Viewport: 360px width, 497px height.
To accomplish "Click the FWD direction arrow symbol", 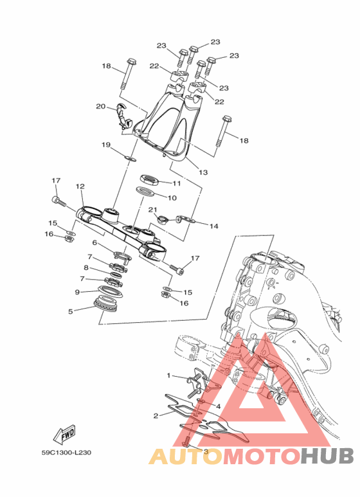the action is [65, 433].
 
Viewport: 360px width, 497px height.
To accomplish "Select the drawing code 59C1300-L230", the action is [67, 453].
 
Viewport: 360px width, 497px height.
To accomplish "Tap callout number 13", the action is [203, 172].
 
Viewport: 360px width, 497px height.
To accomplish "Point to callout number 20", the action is [101, 107].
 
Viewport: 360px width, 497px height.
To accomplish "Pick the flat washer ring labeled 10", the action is [145, 192].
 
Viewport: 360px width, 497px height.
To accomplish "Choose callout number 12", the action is [80, 186].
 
